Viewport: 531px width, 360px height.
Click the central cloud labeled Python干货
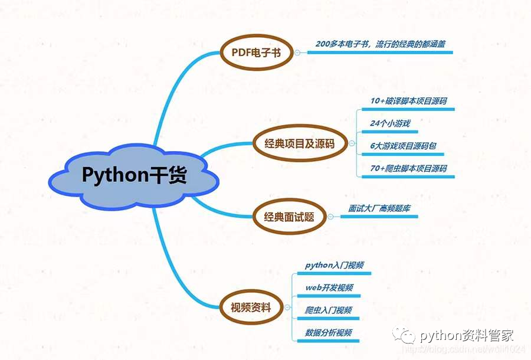[134, 175]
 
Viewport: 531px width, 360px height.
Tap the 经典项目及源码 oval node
[300, 143]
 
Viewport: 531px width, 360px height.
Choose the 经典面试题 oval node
[289, 217]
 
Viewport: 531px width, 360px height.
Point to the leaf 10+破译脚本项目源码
[408, 101]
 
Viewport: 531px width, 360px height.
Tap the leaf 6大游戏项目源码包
[403, 146]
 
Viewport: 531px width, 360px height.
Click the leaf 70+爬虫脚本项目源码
[408, 168]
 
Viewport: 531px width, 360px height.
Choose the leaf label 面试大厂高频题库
[378, 208]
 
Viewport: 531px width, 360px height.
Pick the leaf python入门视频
[334, 266]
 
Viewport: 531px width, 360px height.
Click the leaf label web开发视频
[329, 287]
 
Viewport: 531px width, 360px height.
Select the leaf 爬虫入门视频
[329, 310]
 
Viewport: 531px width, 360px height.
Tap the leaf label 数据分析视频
[329, 332]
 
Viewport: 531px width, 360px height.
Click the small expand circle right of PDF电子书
[297, 53]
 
